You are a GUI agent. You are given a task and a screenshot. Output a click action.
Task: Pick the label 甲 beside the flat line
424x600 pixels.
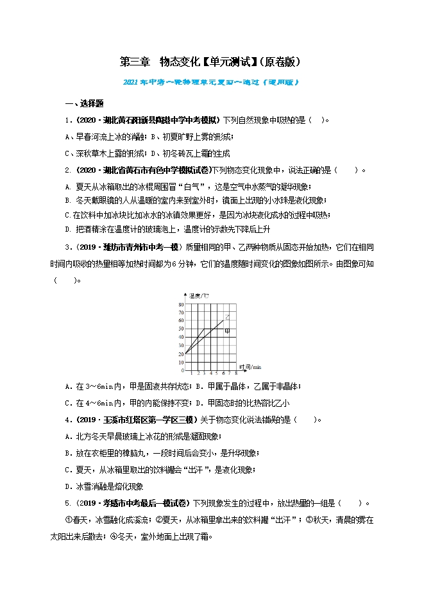(x=227, y=331)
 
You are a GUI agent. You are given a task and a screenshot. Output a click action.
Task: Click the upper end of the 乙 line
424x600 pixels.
(x=223, y=320)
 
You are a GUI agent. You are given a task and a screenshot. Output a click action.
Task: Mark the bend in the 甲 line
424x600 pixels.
(x=204, y=329)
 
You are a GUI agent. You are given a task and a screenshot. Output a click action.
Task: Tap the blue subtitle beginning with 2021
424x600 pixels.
(x=210, y=82)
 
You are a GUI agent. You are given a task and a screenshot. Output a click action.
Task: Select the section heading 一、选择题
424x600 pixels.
(x=85, y=104)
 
